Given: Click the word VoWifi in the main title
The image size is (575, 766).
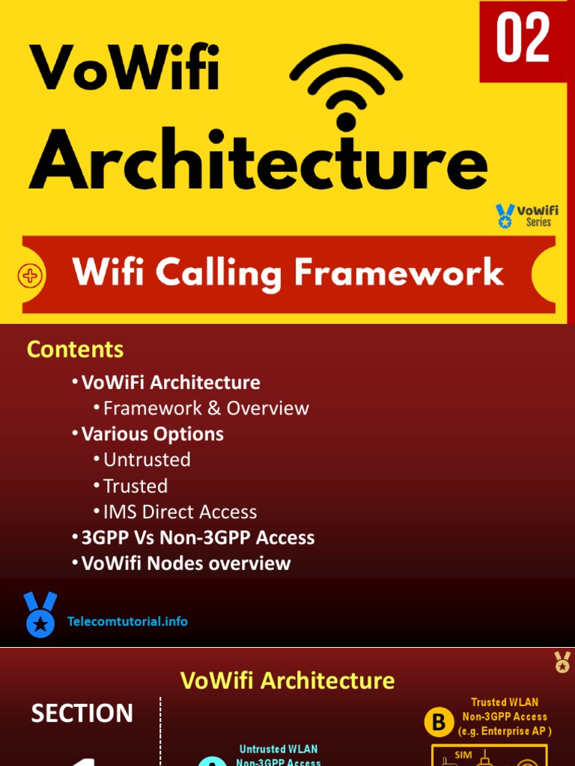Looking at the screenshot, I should point(124,68).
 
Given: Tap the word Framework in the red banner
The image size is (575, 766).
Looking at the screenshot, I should point(398,273).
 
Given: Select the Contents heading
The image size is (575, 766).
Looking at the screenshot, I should point(75,349).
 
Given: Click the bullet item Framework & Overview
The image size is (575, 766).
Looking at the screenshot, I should point(205,408).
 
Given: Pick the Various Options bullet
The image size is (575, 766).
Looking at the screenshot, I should point(152,434).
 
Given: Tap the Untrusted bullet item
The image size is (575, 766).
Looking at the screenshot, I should point(147,459).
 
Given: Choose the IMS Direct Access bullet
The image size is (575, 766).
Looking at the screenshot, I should point(180,512).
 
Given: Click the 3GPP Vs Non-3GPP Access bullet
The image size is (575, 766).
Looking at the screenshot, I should point(198,538).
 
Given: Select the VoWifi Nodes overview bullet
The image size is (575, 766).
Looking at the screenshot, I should point(186,563).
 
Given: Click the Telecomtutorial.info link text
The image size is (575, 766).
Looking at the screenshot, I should point(127,622).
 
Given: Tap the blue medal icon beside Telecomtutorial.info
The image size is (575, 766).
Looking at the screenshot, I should point(40,614).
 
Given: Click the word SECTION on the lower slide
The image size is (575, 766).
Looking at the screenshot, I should point(82,714).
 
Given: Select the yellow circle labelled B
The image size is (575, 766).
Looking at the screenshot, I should point(439,723).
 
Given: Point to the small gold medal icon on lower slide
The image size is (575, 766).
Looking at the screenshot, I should point(562,661).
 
